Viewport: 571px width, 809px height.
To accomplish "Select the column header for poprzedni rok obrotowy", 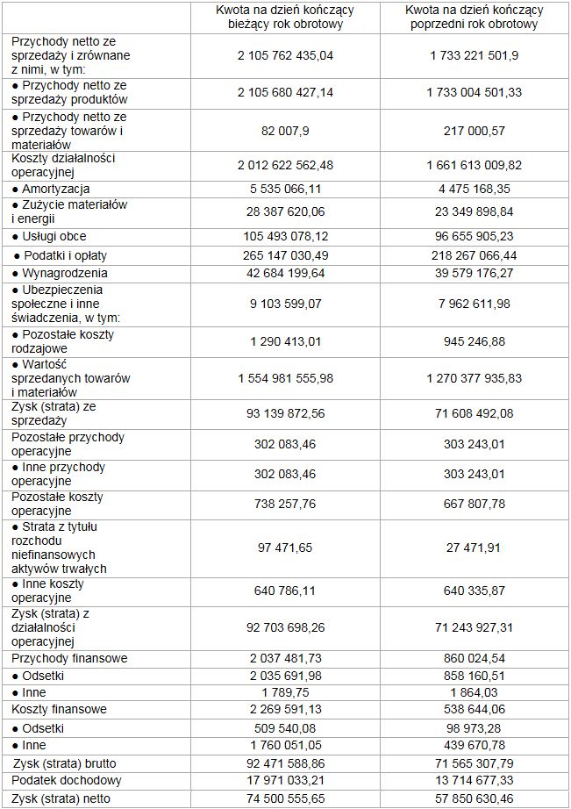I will point(475,17).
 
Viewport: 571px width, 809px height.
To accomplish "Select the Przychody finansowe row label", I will point(69,658).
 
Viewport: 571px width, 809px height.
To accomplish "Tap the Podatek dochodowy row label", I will point(67,780).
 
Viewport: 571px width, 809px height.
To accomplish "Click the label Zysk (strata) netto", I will point(61,798).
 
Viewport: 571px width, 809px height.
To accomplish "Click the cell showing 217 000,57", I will point(475,131).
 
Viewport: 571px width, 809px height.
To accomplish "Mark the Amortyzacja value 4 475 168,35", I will point(475,189).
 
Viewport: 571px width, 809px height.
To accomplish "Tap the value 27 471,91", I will point(475,548).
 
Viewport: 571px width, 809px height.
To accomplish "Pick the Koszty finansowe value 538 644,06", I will point(475,709).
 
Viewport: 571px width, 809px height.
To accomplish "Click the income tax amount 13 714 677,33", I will point(475,780).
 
